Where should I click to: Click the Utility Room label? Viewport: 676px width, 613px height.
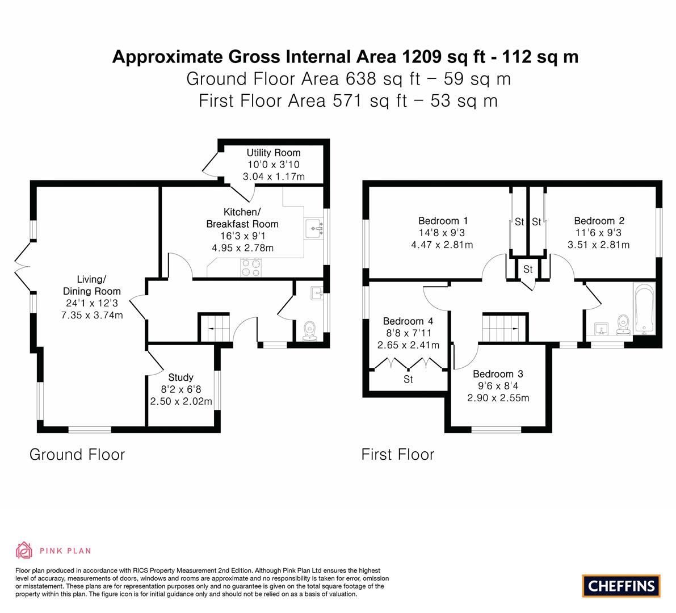pos(274,153)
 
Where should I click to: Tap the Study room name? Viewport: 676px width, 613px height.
pos(180,377)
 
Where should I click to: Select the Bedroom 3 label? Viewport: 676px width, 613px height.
pos(498,374)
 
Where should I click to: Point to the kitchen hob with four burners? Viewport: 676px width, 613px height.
pos(251,267)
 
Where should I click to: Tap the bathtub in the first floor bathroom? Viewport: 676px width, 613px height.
pos(644,309)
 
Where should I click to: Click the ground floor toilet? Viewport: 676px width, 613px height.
pos(309,331)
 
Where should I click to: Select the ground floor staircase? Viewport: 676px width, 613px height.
pos(215,328)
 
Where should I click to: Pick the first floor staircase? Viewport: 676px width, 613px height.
pos(505,328)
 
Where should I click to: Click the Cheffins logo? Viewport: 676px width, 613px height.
pos(621,586)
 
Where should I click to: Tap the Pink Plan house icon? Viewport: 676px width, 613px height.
pos(24,550)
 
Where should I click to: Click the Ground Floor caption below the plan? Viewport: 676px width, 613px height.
pos(77,455)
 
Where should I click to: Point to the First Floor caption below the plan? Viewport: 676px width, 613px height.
pos(397,455)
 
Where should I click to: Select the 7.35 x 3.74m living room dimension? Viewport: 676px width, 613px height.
pos(92,315)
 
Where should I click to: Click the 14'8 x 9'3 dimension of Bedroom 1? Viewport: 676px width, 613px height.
pos(442,233)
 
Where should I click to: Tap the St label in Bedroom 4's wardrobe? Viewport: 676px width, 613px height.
pos(408,379)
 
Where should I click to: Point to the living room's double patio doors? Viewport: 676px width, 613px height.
pos(24,267)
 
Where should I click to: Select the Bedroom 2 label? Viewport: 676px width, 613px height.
pos(599,221)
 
